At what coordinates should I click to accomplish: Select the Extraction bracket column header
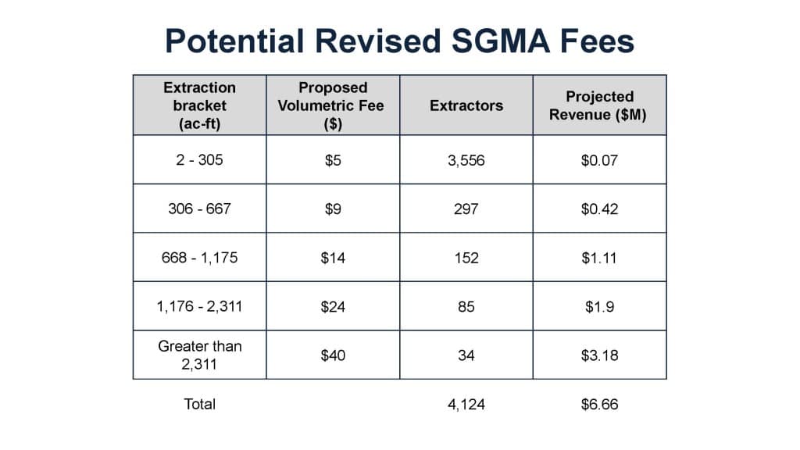[199, 105]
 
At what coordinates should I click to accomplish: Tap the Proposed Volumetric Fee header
[333, 105]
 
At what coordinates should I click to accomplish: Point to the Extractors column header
[466, 105]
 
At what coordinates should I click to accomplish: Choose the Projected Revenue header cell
[599, 105]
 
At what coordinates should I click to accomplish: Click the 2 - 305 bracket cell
[199, 160]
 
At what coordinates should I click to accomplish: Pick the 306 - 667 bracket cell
[199, 209]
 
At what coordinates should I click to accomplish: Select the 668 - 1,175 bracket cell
[199, 258]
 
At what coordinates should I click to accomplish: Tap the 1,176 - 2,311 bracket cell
[199, 306]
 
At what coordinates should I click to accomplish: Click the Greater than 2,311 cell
[199, 355]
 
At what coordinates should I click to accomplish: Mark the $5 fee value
[333, 160]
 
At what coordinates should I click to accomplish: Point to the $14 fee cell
[333, 258]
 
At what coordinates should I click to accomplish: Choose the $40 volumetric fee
[333, 355]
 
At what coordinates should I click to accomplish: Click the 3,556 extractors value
[466, 160]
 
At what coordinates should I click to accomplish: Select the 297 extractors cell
[466, 209]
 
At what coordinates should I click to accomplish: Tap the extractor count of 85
[466, 306]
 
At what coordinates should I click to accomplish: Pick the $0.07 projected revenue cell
[599, 160]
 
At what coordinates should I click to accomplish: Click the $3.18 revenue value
[599, 355]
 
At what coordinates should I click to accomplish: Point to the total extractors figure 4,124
[466, 405]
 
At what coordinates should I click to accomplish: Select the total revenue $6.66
[599, 405]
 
